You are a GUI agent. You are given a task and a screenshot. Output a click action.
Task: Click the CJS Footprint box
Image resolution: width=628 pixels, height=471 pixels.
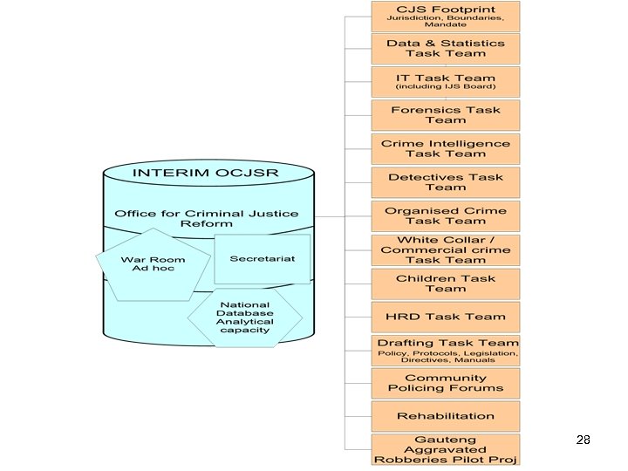(446, 16)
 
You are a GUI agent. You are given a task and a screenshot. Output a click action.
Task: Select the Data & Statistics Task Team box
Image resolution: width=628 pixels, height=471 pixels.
(446, 48)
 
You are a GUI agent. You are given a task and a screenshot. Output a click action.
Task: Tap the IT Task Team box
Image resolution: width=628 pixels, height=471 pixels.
(446, 81)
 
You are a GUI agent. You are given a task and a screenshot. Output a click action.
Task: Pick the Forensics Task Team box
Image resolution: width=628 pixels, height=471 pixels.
(446, 115)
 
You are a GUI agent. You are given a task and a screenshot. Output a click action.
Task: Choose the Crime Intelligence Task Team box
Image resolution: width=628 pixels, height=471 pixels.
(446, 148)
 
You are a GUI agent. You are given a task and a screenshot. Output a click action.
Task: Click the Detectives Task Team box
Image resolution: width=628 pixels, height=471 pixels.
(446, 181)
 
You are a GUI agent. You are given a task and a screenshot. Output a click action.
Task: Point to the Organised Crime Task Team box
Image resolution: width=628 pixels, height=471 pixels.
(446, 215)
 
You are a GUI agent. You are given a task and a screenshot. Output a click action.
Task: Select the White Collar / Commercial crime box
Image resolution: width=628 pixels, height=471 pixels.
(446, 249)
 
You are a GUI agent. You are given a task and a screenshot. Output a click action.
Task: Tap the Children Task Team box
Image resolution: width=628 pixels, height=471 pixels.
(446, 283)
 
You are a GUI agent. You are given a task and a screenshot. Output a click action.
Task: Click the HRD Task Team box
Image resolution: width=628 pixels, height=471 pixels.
(446, 316)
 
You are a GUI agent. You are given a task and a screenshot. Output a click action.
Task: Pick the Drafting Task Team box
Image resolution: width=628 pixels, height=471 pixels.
(446, 350)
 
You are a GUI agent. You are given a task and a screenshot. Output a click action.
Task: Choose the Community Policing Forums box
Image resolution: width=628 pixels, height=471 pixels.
(446, 383)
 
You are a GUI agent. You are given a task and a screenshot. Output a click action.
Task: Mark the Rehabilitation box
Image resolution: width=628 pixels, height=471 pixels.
(446, 416)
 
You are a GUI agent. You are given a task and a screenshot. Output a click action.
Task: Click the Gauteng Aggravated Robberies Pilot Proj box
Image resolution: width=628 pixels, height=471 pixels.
(446, 449)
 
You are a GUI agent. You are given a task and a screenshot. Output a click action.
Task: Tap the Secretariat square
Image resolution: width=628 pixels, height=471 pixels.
(262, 259)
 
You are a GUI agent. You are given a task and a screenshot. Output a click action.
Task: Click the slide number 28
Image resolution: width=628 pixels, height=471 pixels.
(584, 440)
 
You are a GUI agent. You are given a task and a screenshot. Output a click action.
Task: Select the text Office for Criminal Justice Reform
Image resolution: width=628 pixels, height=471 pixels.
(206, 218)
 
